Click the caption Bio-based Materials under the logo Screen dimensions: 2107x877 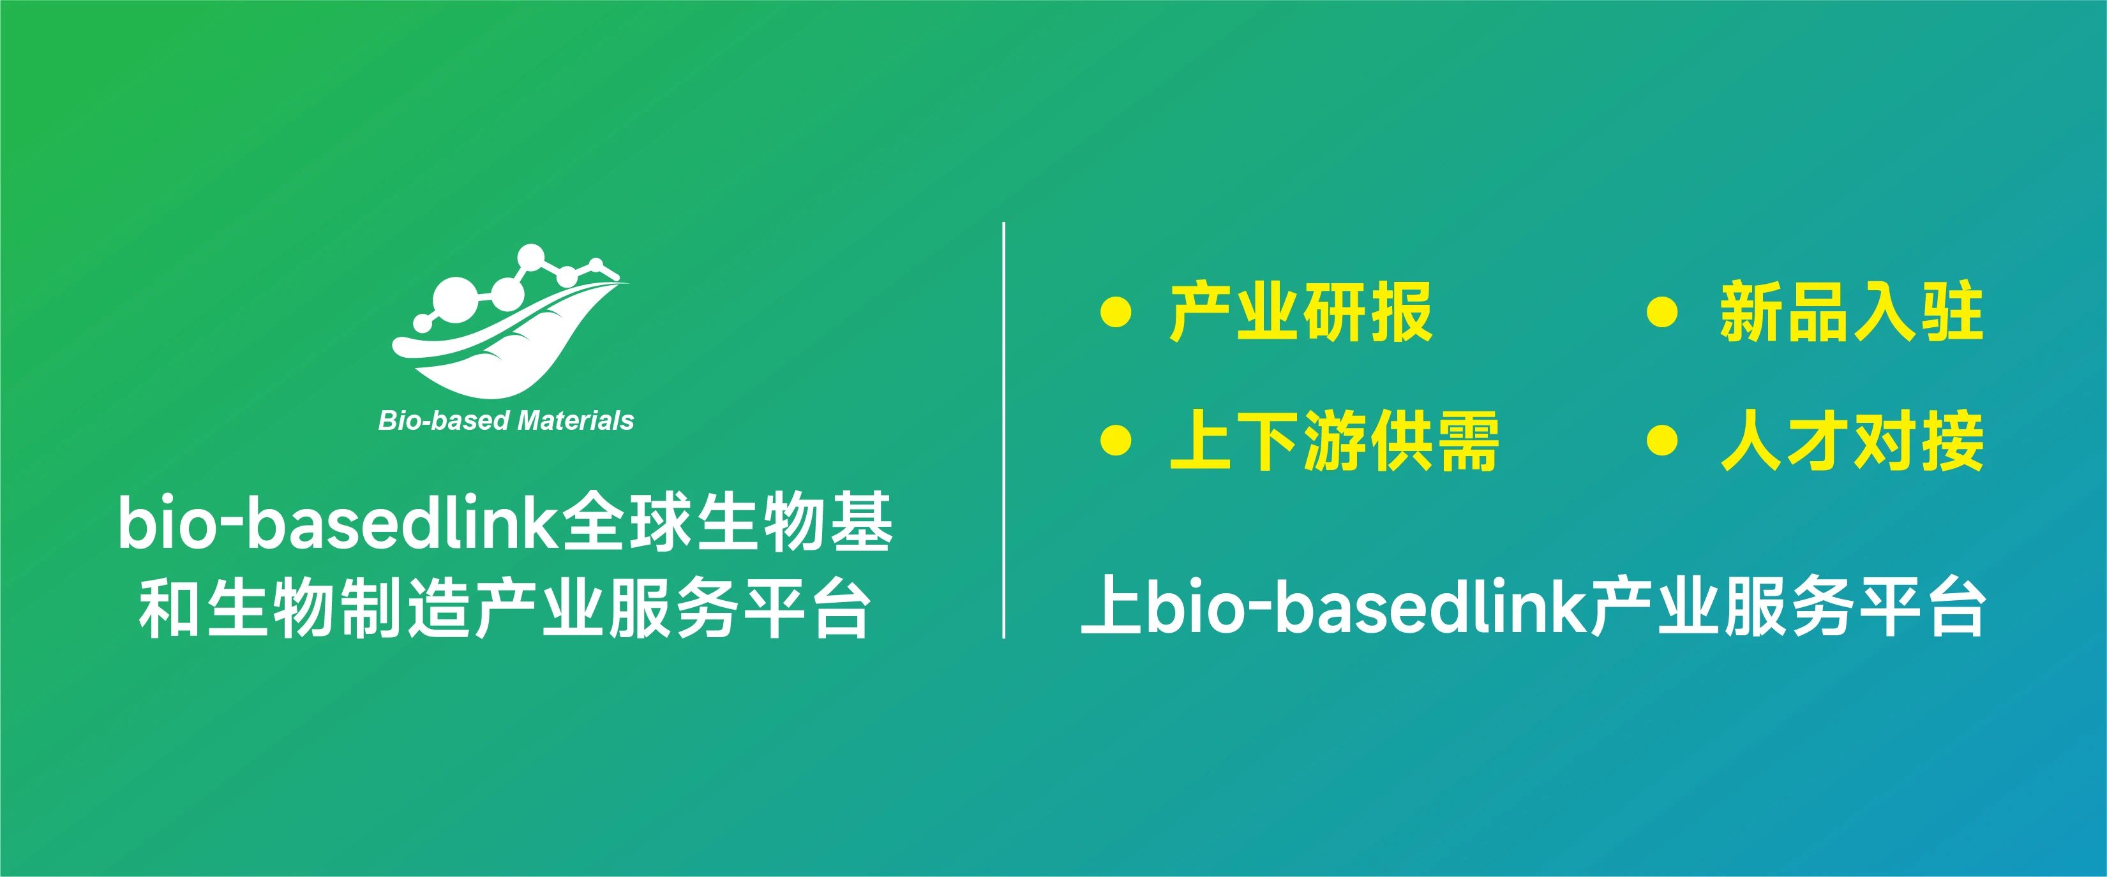tap(506, 421)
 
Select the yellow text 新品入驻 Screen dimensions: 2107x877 tap(1852, 313)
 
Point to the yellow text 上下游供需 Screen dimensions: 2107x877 tap(1334, 442)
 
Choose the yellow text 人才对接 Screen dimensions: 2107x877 tap(1852, 442)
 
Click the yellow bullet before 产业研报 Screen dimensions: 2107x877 tap(1116, 313)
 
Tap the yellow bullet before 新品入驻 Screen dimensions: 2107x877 tap(1662, 313)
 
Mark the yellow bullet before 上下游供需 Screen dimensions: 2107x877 tap(1116, 442)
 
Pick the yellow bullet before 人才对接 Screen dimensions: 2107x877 tap(1662, 442)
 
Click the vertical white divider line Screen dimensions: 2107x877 tap(1003, 430)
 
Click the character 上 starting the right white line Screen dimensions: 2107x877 tap(1111, 606)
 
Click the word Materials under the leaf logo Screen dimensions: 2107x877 tap(576, 421)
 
